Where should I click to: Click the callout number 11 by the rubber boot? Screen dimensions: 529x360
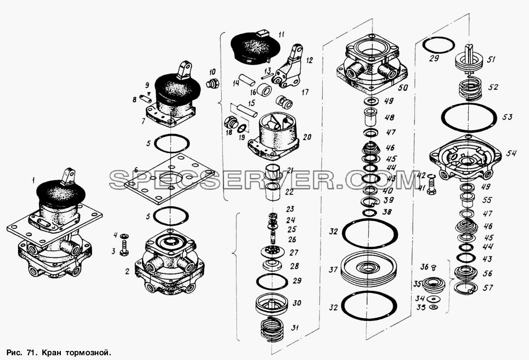coord(282,35)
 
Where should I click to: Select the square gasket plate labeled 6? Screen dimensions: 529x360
coord(169,179)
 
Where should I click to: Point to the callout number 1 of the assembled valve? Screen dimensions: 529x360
coord(33,181)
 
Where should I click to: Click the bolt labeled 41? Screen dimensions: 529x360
coord(431,184)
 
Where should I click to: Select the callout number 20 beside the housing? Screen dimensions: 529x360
coord(307,137)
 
